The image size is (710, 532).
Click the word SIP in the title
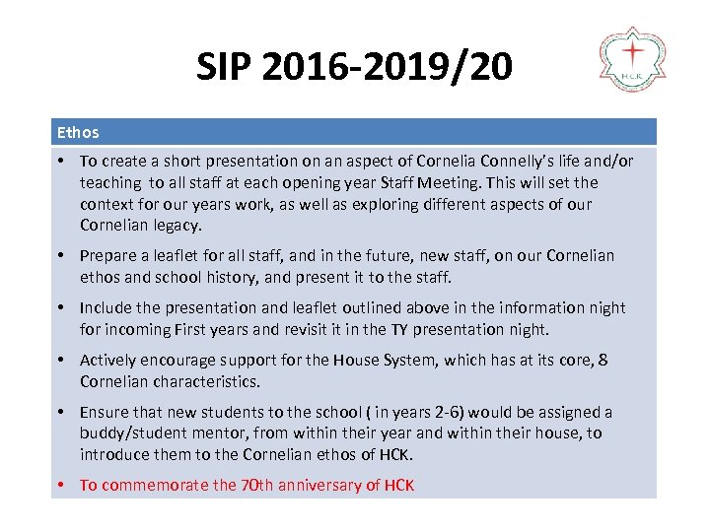click(230, 67)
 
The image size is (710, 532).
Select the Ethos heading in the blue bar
click(78, 132)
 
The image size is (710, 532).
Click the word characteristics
click(212, 382)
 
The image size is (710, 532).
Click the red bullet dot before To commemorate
click(62, 486)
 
